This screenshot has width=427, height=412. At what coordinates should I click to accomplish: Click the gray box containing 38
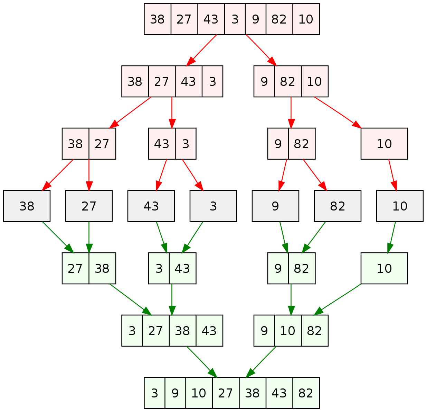(x=27, y=206)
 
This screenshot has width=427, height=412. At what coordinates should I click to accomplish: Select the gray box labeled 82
(x=338, y=206)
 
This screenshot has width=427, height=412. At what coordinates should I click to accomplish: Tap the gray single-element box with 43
(x=151, y=206)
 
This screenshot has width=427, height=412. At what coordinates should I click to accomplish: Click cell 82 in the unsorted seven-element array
(x=279, y=19)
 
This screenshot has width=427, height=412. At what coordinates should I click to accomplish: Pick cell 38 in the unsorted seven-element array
(x=158, y=19)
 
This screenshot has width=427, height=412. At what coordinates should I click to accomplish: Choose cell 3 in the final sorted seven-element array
(x=155, y=393)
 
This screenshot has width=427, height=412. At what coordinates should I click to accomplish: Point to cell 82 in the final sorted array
(x=306, y=393)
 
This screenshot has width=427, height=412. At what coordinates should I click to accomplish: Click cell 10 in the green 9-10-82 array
(x=288, y=331)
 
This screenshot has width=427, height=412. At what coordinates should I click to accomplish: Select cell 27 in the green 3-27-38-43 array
(x=155, y=331)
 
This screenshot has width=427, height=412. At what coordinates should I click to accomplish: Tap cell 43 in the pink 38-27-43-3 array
(x=188, y=82)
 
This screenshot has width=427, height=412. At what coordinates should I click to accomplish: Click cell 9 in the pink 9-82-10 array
(x=264, y=82)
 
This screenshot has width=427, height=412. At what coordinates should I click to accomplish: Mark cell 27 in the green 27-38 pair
(x=75, y=269)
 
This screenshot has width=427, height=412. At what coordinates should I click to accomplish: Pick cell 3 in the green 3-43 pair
(x=159, y=269)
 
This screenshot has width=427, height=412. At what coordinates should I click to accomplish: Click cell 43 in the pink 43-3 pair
(x=162, y=144)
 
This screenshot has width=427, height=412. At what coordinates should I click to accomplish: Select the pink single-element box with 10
(x=384, y=144)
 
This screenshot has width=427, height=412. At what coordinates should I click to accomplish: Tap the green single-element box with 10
(x=384, y=269)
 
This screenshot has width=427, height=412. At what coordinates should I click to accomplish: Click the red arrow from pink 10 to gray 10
(x=392, y=175)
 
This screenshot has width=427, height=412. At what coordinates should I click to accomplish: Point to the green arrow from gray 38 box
(x=57, y=237)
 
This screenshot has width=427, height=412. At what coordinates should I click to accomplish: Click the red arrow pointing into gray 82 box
(x=314, y=175)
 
